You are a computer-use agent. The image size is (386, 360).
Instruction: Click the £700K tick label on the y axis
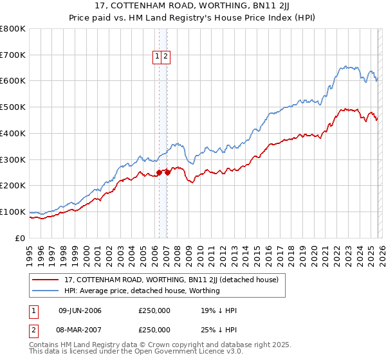tap(13, 55)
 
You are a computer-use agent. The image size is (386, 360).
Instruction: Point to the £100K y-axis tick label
tap(13, 212)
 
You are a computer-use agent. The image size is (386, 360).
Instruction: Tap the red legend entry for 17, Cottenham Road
tap(171, 280)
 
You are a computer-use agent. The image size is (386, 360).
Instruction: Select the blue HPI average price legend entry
tap(142, 291)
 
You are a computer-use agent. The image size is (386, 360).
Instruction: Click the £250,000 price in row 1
tap(154, 310)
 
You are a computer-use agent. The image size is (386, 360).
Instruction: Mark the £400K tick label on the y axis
tap(13, 134)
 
